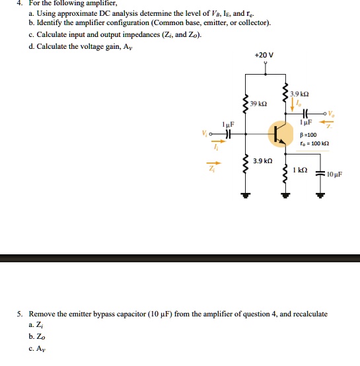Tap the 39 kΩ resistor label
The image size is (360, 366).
(259, 104)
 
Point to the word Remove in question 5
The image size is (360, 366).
(44, 314)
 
